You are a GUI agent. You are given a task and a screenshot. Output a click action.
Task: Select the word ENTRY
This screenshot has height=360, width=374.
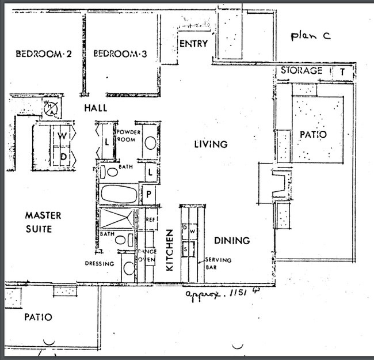pyautogui.click(x=193, y=44)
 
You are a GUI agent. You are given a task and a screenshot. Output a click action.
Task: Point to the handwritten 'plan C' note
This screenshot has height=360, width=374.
pyautogui.click(x=310, y=36)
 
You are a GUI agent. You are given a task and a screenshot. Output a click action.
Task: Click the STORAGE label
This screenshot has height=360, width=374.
pyautogui.click(x=301, y=71)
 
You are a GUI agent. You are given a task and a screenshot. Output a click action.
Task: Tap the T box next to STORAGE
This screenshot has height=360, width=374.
pyautogui.click(x=342, y=71)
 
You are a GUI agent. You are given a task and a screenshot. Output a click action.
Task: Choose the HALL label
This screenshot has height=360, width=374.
pyautogui.click(x=95, y=108)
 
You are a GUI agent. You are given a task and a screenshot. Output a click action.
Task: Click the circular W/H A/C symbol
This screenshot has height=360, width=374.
pyautogui.click(x=51, y=107)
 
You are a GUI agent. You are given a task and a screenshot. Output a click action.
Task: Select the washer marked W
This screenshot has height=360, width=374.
pyautogui.click(x=62, y=137)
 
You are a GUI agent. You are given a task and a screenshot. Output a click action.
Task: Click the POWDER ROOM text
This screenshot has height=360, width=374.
pyautogui.click(x=127, y=135)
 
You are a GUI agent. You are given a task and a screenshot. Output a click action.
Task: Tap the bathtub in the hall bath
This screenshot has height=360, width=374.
pyautogui.click(x=119, y=194)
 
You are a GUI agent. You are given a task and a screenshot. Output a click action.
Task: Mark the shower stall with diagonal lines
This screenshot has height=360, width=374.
pyautogui.click(x=116, y=219)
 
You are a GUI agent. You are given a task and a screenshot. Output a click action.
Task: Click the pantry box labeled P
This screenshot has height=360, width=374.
pyautogui.click(x=148, y=194)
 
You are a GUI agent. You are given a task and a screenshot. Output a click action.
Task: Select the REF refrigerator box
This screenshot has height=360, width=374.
pyautogui.click(x=151, y=219)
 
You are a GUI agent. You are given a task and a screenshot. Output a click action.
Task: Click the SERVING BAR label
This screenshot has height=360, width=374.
pyautogui.click(x=219, y=264)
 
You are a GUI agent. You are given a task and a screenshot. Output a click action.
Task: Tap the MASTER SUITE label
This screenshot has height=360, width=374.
pyautogui.click(x=43, y=222)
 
